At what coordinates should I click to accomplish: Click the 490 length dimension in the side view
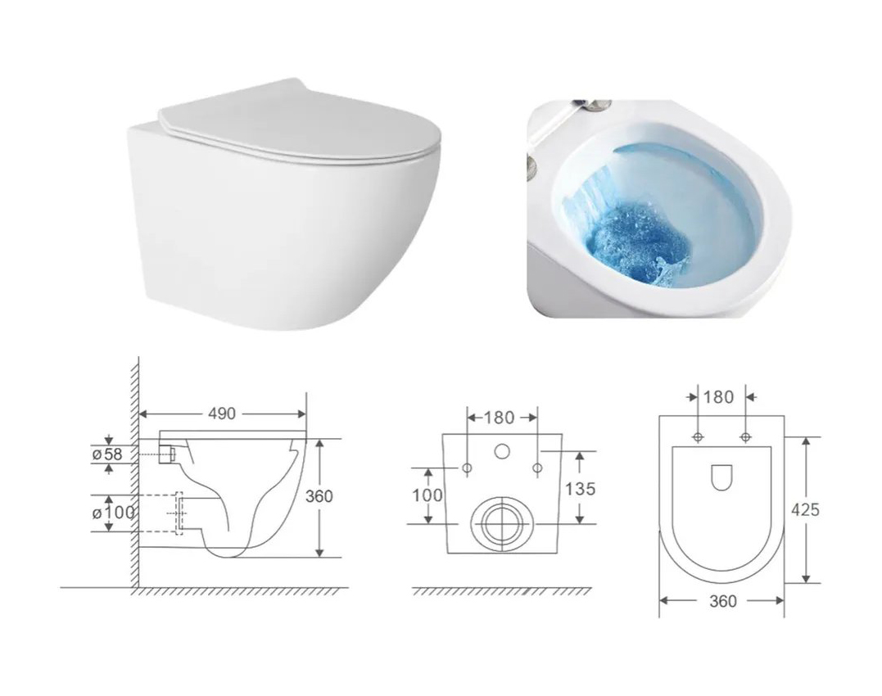click(x=222, y=414)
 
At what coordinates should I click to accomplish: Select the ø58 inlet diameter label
click(x=107, y=454)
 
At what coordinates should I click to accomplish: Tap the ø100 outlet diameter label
click(x=113, y=512)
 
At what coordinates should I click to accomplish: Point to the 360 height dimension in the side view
click(x=319, y=496)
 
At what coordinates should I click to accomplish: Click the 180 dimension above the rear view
click(x=499, y=418)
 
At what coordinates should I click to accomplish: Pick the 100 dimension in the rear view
click(x=427, y=495)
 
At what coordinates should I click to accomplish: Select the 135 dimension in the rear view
click(x=580, y=489)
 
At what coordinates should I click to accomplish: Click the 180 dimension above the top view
click(x=719, y=397)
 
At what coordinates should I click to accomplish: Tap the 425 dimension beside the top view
click(x=806, y=510)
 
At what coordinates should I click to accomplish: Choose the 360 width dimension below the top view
click(x=723, y=601)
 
